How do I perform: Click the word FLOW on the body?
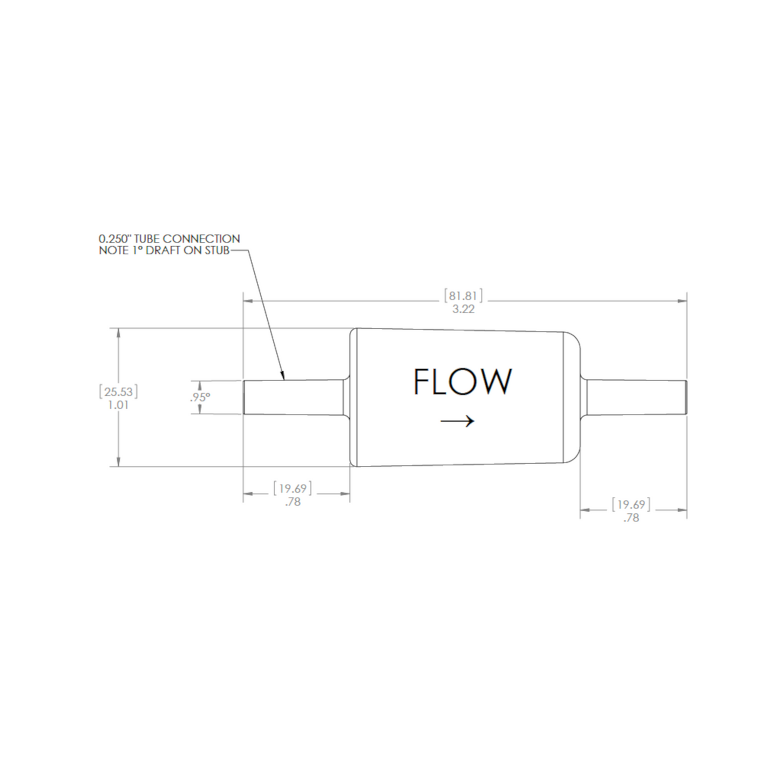[x=463, y=381]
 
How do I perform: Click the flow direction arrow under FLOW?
[x=457, y=421]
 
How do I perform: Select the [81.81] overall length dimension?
[x=464, y=296]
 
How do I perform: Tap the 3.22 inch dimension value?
[x=464, y=310]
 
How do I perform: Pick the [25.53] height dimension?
[x=119, y=392]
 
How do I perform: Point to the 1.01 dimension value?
[x=119, y=405]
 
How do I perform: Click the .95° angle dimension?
[x=200, y=397]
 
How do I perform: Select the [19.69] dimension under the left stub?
[x=293, y=489]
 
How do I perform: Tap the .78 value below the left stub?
[x=293, y=502]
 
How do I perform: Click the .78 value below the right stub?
[x=632, y=518]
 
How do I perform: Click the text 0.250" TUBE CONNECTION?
[x=169, y=239]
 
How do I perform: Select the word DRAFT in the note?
[x=162, y=251]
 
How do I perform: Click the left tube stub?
[x=294, y=397]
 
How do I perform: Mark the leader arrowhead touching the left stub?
[x=283, y=376]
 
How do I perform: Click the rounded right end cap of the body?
[x=572, y=397]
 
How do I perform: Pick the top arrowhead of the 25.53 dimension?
[x=119, y=333]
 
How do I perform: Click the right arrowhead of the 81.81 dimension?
[x=682, y=301]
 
